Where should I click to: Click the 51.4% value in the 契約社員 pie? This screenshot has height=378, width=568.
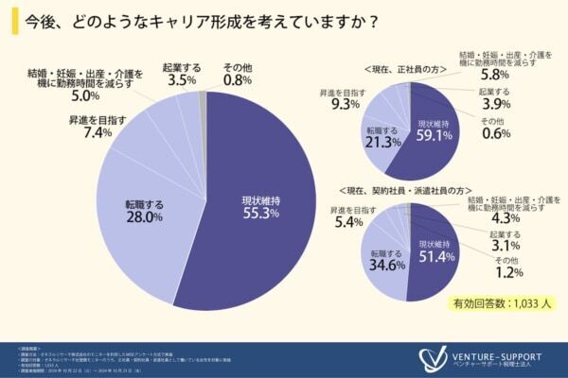(x=433, y=257)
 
